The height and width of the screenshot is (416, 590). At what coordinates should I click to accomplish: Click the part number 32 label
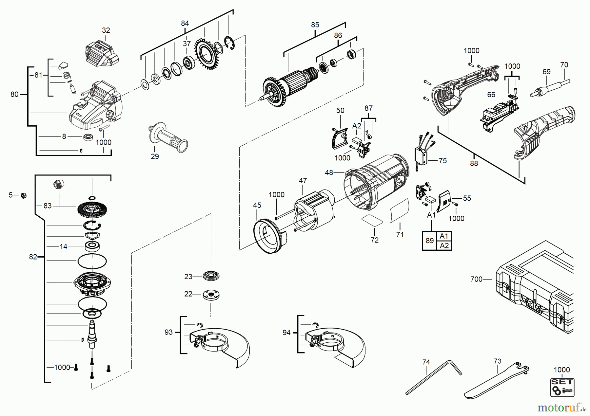pyautogui.click(x=106, y=30)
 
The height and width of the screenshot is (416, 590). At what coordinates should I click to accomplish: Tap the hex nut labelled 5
pyautogui.click(x=23, y=196)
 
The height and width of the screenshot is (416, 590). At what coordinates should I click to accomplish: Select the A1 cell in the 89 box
pyautogui.click(x=444, y=236)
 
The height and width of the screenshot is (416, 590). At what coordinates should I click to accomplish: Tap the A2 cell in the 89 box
pyautogui.click(x=444, y=245)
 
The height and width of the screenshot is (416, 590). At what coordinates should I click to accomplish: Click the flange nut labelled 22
pyautogui.click(x=211, y=294)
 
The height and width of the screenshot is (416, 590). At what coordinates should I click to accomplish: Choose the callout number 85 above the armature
pyautogui.click(x=315, y=25)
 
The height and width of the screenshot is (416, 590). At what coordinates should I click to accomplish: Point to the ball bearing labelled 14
pyautogui.click(x=92, y=246)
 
